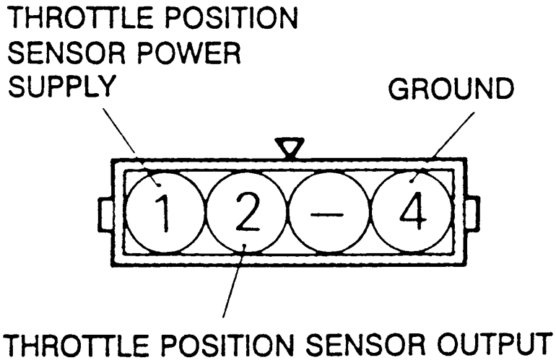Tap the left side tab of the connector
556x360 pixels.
105,215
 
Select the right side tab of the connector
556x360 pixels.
473,215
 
